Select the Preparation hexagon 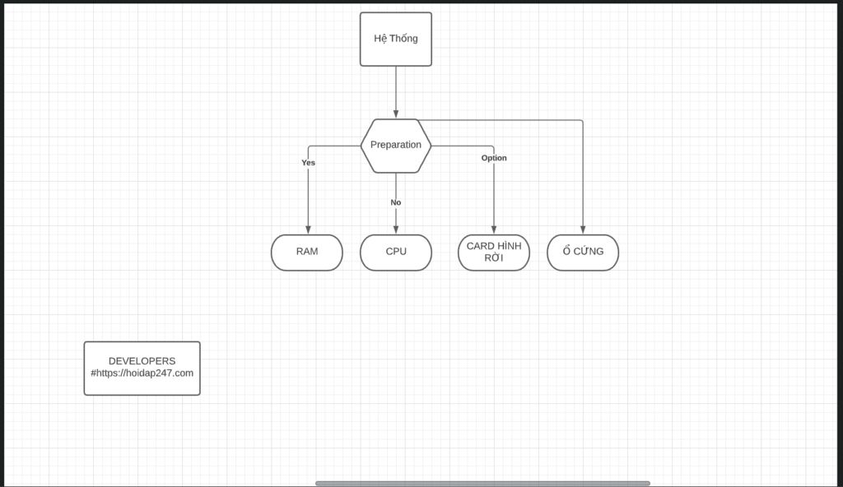click(395, 146)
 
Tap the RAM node click(307, 253)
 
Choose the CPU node click(395, 253)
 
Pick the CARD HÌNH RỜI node click(493, 253)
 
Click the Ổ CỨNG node click(582, 253)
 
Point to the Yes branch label click(308, 163)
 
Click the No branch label click(396, 202)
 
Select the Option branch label click(494, 158)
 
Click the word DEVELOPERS click(142, 361)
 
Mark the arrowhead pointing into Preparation click(396, 114)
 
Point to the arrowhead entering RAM click(308, 230)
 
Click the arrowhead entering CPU click(396, 230)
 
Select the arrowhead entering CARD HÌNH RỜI click(494, 230)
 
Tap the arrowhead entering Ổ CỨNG click(583, 230)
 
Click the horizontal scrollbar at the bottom click(482, 484)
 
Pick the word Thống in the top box click(404, 39)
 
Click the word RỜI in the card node click(493, 258)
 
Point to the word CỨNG click(589, 252)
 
